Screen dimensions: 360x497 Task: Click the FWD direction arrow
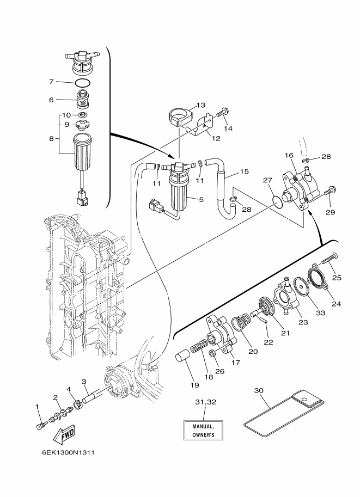(x=64, y=434)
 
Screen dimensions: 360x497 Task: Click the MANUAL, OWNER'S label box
(x=203, y=431)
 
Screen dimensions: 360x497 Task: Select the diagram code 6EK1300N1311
(x=68, y=452)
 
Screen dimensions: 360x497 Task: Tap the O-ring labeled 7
(x=83, y=83)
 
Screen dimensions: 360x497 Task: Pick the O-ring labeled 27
(x=278, y=202)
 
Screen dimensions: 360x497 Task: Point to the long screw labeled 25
(x=330, y=257)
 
